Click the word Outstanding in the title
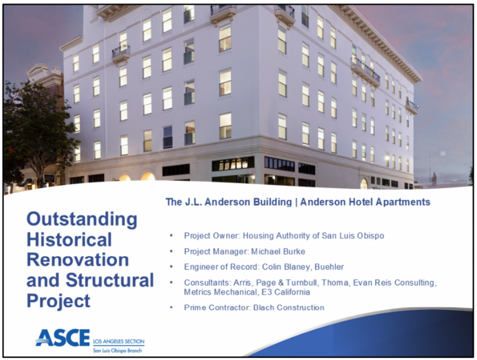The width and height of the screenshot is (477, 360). coord(82,220)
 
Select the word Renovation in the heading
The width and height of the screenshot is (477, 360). coord(78,260)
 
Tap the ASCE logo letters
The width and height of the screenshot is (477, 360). coord(63,337)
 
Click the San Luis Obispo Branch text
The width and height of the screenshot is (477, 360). coord(118,351)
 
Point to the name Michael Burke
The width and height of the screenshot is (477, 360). coord(278,252)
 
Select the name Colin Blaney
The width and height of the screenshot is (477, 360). coord(286,267)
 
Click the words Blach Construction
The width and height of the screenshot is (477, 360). coord(289,307)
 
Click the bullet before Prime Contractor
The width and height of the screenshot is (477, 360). coord(171,307)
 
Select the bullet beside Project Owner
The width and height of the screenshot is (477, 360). coord(171,235)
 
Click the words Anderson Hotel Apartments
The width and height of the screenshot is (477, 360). coord(365,202)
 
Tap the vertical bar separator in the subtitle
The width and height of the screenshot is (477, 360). coord(296,202)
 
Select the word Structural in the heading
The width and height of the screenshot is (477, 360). coord(110,280)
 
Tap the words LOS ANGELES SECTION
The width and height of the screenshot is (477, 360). coord(119,342)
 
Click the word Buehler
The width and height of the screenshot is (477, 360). coord(329,267)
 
